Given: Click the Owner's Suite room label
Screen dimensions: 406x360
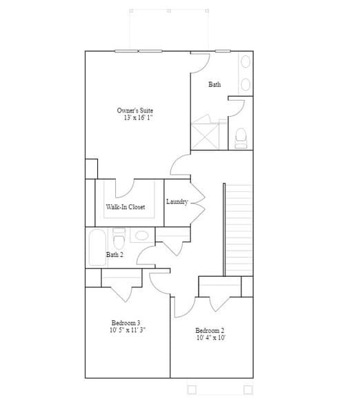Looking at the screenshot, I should point(135,110).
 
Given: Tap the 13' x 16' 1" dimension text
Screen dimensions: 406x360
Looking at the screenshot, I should point(137,118).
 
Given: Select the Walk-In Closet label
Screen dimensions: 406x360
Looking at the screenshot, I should point(125,206).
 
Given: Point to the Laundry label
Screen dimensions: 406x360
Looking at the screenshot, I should point(177,202).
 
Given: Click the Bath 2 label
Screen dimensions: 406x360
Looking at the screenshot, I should point(114,254).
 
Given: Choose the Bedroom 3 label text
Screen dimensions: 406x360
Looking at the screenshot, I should point(126,322).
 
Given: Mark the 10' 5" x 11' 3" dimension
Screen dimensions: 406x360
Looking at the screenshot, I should point(127,330).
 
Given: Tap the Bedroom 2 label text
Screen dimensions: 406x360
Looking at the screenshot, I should point(210,330).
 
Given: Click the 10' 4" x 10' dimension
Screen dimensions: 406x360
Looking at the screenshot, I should point(210,338).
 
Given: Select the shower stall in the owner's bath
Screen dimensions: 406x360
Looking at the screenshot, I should point(206,133).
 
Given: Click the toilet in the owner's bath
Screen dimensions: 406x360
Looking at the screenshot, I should point(241,138).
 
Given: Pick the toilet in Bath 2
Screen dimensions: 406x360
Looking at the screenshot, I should point(119,238).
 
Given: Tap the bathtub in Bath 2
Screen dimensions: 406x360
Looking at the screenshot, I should point(96,246).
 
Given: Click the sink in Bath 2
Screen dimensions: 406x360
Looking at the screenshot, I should point(141,235).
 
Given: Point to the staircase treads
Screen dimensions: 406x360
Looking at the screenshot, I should point(239,228).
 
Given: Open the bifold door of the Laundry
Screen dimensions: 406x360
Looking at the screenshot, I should point(198,202).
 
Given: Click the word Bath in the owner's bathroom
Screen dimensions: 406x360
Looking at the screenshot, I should point(214,84).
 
